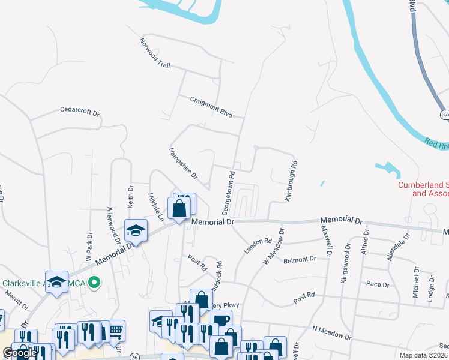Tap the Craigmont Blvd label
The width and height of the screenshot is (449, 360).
pyautogui.click(x=211, y=107)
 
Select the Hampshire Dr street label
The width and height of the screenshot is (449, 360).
pyautogui.click(x=183, y=163)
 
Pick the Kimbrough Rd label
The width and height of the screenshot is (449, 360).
pyautogui.click(x=291, y=179)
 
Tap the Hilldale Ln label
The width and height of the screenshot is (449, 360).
pyautogui.click(x=155, y=207)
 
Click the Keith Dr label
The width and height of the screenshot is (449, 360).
pyautogui.click(x=130, y=196)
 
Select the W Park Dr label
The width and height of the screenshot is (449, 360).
pyautogui.click(x=89, y=247)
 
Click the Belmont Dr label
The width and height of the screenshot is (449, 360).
pyautogui.click(x=300, y=260)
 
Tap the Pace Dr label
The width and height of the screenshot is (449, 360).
pyautogui.click(x=373, y=284)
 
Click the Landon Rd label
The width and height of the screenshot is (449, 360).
pyautogui.click(x=258, y=245)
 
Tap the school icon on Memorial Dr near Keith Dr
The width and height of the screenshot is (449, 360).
pyautogui.click(x=136, y=230)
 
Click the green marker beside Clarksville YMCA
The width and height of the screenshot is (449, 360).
pyautogui.click(x=94, y=282)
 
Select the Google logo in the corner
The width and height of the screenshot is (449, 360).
pyautogui.click(x=20, y=353)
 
